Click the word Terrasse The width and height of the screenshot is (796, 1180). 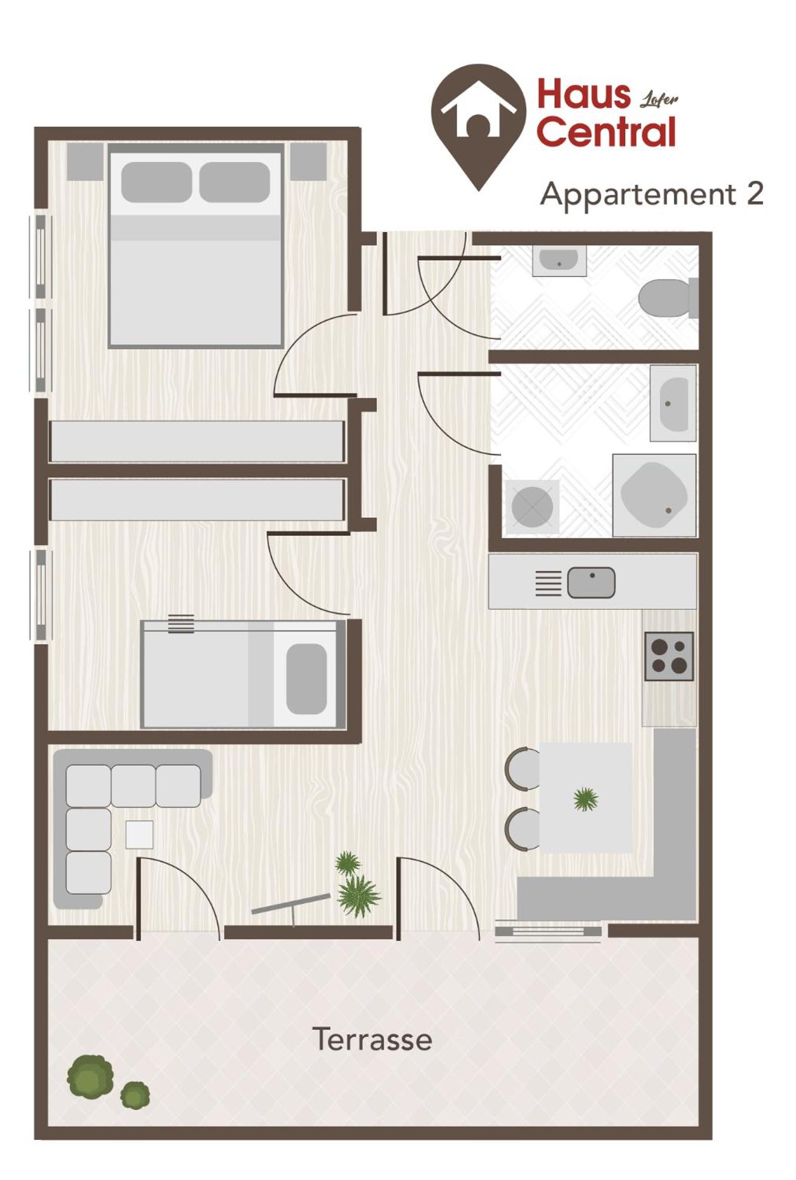pyautogui.click(x=372, y=1039)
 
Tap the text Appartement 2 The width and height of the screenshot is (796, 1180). pyautogui.click(x=652, y=194)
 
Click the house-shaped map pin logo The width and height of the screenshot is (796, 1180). pyautogui.click(x=478, y=127)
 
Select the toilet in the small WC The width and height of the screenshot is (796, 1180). pyautogui.click(x=668, y=298)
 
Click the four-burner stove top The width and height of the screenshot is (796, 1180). pyautogui.click(x=669, y=656)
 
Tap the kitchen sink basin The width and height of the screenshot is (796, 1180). pyautogui.click(x=591, y=582)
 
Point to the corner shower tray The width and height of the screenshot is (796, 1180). pyautogui.click(x=654, y=495)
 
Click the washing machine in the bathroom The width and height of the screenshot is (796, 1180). pyautogui.click(x=532, y=507)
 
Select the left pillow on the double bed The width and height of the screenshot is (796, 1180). pyautogui.click(x=157, y=182)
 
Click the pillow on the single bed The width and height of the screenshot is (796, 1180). pyautogui.click(x=307, y=678)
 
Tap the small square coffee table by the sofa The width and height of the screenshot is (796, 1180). pyautogui.click(x=140, y=834)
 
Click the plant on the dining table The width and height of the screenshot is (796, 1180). pyautogui.click(x=586, y=799)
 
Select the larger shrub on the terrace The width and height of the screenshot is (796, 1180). pyautogui.click(x=90, y=1077)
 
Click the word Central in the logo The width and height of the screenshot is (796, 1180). pyautogui.click(x=606, y=131)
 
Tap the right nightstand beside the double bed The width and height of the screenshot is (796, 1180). pyautogui.click(x=309, y=161)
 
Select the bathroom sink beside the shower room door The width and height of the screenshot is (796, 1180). pyautogui.click(x=673, y=403)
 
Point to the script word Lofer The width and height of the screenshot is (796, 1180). pyautogui.click(x=659, y=99)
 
